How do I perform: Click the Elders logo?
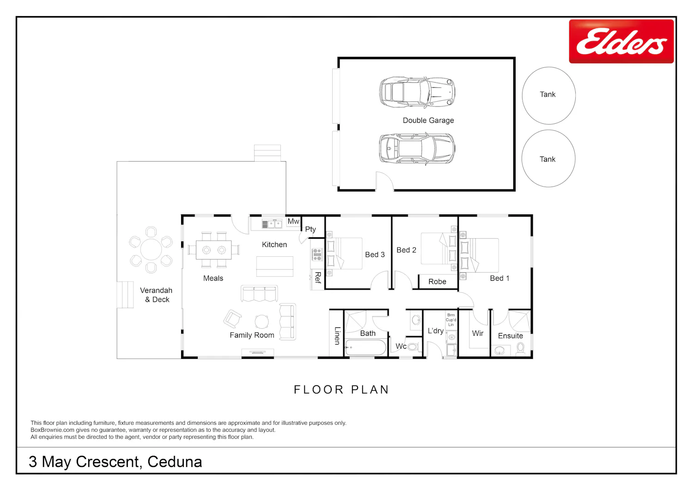click(621, 42)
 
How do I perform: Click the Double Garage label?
click(428, 121)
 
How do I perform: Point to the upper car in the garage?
click(417, 92)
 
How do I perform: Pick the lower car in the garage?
click(417, 149)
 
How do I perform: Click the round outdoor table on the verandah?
click(151, 249)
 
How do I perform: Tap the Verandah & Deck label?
click(156, 295)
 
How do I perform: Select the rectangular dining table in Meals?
click(213, 250)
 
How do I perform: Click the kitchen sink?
click(272, 224)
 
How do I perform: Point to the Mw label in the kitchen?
click(293, 221)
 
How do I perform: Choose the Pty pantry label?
click(310, 229)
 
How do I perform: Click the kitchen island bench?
click(275, 266)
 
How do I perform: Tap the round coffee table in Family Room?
click(262, 322)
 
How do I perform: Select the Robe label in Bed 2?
click(437, 282)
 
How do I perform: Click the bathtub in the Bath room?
click(366, 347)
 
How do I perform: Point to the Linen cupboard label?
click(337, 336)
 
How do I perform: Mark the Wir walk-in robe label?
click(478, 333)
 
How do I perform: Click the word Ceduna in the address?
click(175, 462)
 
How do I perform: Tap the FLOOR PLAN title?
click(341, 389)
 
